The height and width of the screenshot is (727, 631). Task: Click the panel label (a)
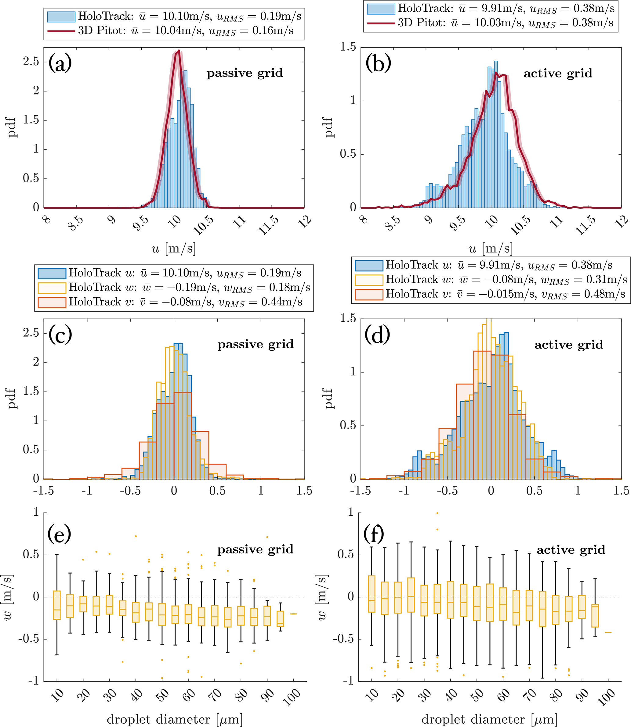(60, 63)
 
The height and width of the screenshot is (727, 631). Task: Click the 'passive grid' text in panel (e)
(255, 550)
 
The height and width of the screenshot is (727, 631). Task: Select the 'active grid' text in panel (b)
(558, 73)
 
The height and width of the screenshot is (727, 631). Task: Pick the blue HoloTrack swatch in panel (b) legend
(381, 9)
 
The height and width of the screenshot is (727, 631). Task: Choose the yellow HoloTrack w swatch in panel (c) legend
(52, 288)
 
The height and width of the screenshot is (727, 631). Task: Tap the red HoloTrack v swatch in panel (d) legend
(369, 294)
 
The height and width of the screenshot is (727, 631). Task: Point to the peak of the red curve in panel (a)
(179, 51)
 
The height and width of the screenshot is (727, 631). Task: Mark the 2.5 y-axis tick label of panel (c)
(31, 333)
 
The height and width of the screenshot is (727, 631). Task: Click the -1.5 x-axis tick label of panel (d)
(361, 491)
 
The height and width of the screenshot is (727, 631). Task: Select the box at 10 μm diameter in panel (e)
(57, 605)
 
